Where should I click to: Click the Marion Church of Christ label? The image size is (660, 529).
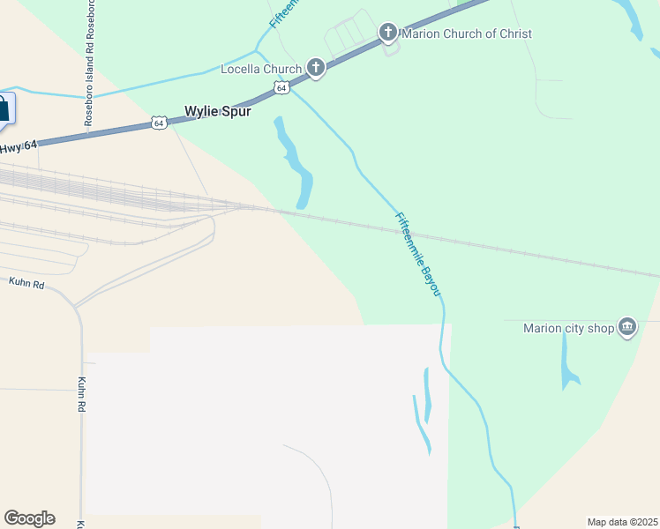(x=467, y=34)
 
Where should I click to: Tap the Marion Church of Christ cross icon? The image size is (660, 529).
(x=387, y=34)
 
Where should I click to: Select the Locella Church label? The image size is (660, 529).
(x=260, y=69)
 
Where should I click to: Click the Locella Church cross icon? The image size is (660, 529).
(x=316, y=68)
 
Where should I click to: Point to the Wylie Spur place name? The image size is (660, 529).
(x=217, y=112)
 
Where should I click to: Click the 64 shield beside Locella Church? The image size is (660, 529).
(x=281, y=87)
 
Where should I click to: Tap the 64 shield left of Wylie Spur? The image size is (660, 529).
(x=158, y=123)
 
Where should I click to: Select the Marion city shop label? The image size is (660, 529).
(x=567, y=328)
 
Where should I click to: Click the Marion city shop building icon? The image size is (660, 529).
(x=627, y=327)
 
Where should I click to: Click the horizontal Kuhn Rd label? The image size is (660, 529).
(x=26, y=283)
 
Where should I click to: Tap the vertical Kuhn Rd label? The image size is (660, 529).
(x=81, y=395)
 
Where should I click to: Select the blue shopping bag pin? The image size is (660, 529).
(x=4, y=109)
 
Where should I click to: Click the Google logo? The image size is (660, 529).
(x=29, y=518)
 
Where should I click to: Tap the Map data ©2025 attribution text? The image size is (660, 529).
(x=623, y=522)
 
